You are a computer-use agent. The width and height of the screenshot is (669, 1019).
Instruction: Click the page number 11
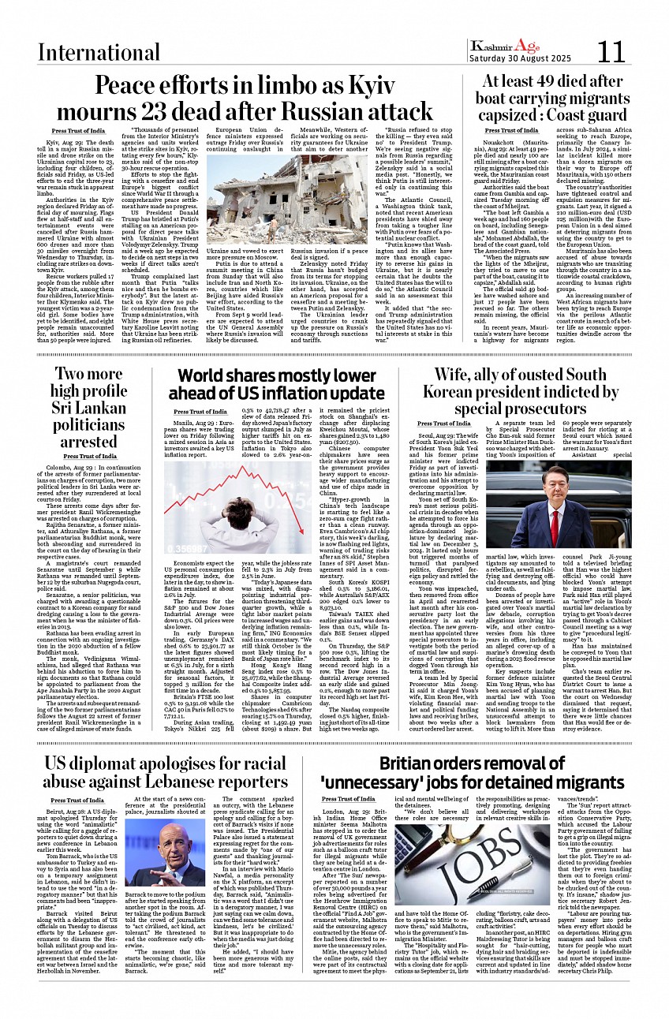click(x=611, y=52)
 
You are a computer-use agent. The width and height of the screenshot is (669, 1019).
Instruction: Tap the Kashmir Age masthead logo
click(x=504, y=46)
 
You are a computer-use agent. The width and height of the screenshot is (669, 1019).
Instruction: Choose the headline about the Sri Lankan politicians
click(x=89, y=407)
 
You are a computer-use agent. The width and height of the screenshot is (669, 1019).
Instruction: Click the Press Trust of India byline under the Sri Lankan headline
click(x=90, y=457)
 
